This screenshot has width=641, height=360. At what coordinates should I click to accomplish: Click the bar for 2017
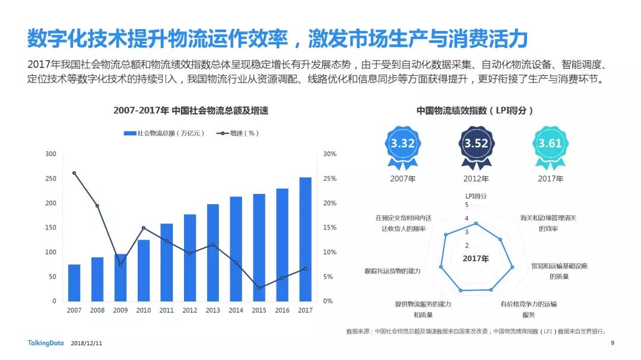[305, 239]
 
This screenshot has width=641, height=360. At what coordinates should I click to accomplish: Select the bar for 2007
[74, 283]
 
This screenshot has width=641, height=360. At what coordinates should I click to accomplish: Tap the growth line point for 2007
[74, 173]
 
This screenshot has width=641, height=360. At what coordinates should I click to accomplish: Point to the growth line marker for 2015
[259, 288]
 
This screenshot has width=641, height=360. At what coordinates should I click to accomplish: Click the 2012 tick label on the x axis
[189, 310]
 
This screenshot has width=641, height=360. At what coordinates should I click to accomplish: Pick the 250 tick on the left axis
[51, 179]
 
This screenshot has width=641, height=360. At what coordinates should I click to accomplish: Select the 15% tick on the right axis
[329, 228]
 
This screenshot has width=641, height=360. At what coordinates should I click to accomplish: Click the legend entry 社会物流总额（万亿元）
[164, 133]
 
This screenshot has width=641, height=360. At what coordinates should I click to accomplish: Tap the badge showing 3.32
[402, 144]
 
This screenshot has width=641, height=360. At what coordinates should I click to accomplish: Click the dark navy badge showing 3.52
[476, 144]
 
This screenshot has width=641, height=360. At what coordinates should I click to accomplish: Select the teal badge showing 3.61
[550, 144]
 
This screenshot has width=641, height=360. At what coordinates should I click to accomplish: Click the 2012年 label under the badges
[476, 179]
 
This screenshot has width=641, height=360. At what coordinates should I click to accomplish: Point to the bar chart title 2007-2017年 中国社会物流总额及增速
[191, 111]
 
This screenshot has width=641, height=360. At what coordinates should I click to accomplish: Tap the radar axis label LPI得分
[475, 196]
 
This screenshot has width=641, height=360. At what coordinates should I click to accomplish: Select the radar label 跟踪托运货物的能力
[393, 271]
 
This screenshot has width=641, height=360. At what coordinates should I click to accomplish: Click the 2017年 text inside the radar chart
[475, 259]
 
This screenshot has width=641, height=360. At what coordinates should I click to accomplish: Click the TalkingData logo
[45, 343]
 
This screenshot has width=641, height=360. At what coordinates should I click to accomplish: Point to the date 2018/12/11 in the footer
[87, 343]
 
